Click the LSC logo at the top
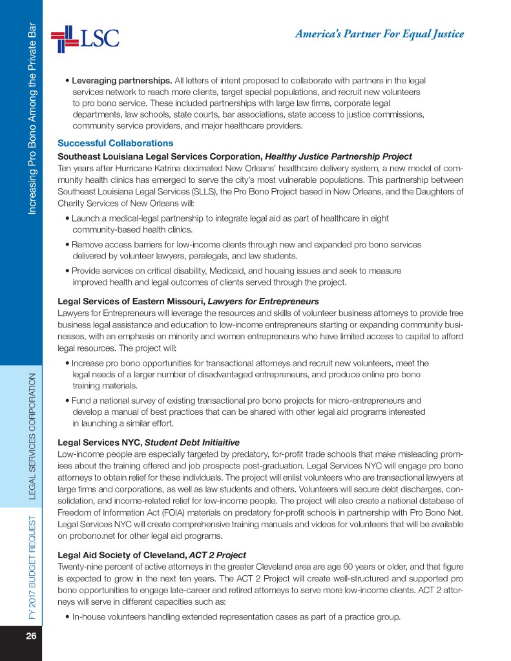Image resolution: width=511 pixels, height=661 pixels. tap(85, 37)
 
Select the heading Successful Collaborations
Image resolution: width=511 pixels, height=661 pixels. tap(116, 143)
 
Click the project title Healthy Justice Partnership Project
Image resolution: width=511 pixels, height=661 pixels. tap(339, 156)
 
